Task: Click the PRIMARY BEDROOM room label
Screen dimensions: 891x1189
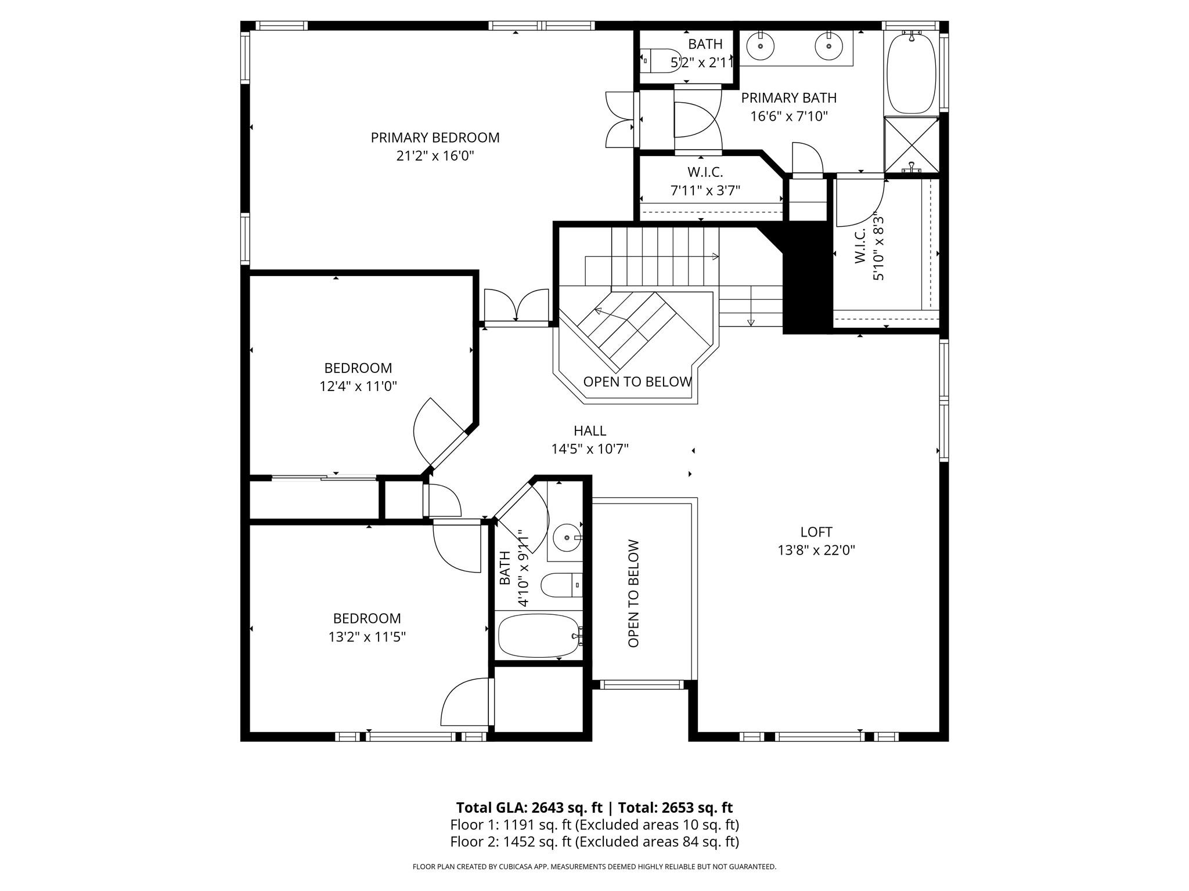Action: [435, 137]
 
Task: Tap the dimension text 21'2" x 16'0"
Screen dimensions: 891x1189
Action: [435, 156]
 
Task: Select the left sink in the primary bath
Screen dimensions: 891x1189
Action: [760, 46]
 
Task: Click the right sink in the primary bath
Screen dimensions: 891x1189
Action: [828, 46]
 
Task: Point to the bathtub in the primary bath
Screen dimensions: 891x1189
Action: [911, 74]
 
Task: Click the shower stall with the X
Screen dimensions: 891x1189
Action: [911, 144]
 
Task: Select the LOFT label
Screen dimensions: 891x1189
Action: [816, 532]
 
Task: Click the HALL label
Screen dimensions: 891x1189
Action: [590, 431]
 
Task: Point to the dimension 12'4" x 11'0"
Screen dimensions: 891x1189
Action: [358, 386]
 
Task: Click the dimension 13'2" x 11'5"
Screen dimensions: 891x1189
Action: [367, 637]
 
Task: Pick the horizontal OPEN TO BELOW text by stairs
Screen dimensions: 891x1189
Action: [637, 382]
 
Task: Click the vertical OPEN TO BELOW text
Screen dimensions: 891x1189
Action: [633, 593]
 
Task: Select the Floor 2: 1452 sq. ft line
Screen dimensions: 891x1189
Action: [594, 842]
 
